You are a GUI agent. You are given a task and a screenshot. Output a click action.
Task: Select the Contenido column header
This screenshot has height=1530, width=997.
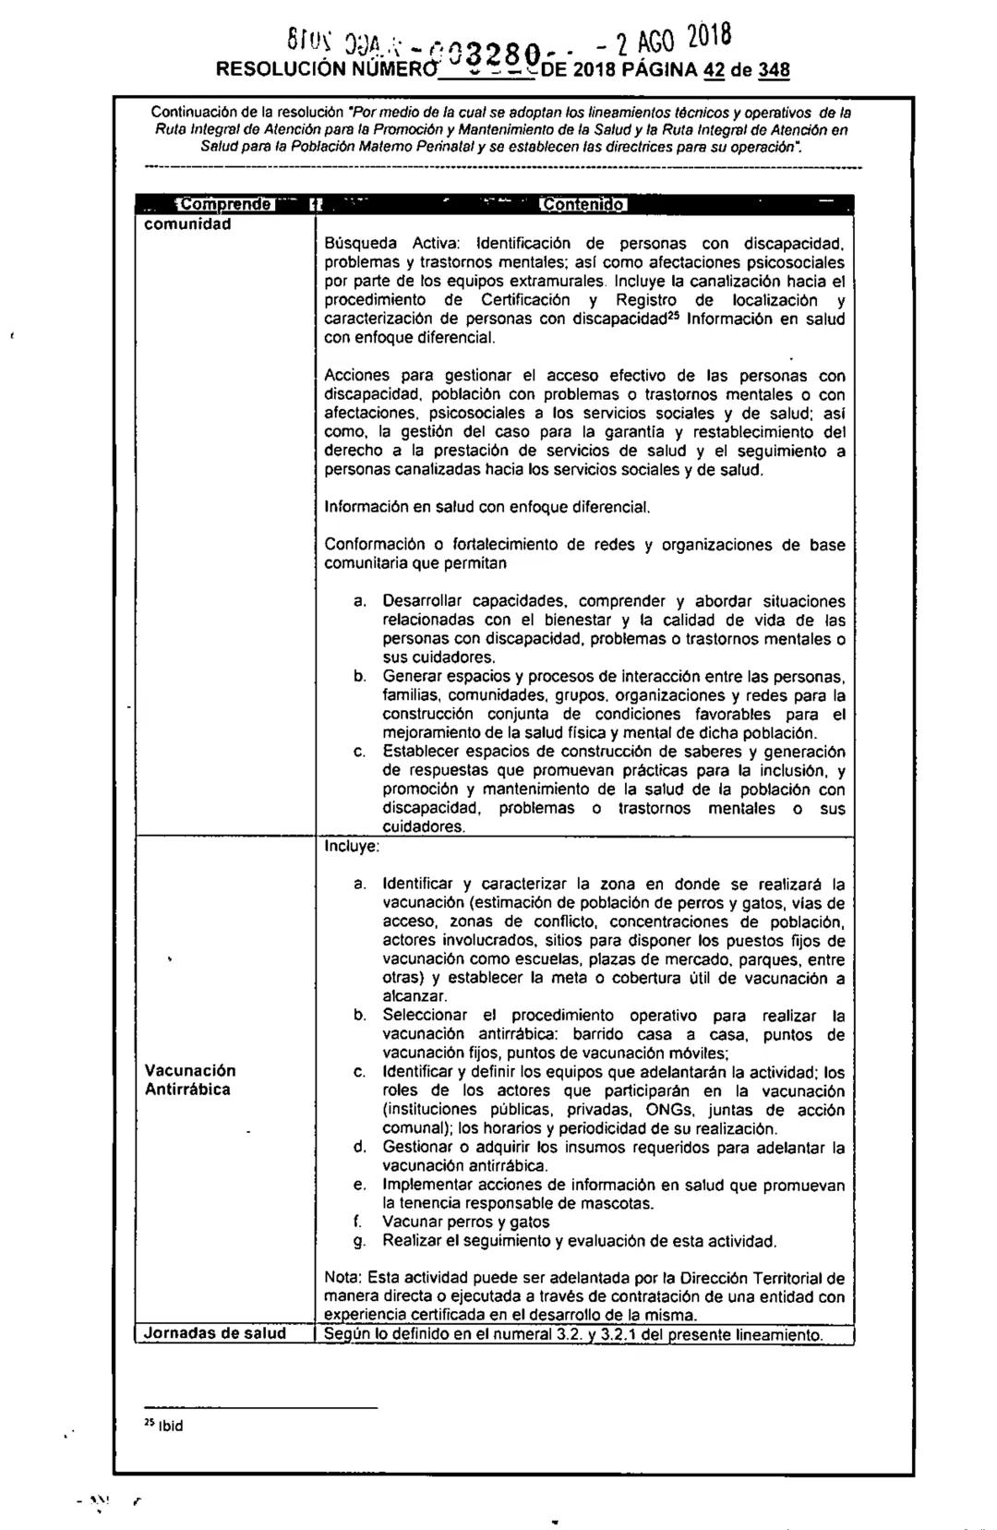pyautogui.click(x=584, y=205)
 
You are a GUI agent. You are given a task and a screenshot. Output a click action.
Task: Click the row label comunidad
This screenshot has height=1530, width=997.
pyautogui.click(x=187, y=224)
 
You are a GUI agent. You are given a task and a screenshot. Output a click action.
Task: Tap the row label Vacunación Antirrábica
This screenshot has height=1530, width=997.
pyautogui.click(x=189, y=1079)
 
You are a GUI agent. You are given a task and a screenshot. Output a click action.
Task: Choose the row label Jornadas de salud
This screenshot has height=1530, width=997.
pyautogui.click(x=214, y=1333)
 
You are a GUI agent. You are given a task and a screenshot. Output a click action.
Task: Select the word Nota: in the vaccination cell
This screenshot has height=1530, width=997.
pyautogui.click(x=343, y=1279)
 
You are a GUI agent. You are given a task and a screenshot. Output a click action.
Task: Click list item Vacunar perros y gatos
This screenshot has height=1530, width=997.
pyautogui.click(x=466, y=1222)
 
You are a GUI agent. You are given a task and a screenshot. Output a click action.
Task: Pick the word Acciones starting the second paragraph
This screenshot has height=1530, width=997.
pyautogui.click(x=359, y=376)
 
